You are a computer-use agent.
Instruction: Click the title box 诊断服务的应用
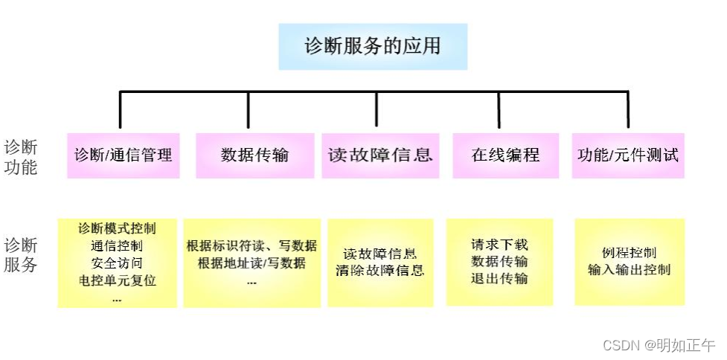pos(373,46)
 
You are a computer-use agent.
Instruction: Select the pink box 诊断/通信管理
pos(123,155)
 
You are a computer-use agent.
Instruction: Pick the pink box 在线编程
pos(505,155)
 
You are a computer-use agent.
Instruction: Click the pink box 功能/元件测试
pos(628,155)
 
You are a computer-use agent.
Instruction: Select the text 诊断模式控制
pos(118,228)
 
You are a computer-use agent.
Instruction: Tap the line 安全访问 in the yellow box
pos(118,263)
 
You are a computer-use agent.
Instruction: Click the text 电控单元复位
pos(118,281)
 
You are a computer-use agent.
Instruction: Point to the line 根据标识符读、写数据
pos(252,245)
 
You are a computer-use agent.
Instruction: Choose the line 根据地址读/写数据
pos(252,263)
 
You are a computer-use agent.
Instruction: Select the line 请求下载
pos(499,244)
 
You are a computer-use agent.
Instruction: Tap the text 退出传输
pos(499,279)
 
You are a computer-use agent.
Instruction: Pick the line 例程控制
pos(629,253)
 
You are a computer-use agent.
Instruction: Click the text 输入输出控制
pos(629,270)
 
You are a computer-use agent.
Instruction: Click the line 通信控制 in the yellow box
pos(118,245)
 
